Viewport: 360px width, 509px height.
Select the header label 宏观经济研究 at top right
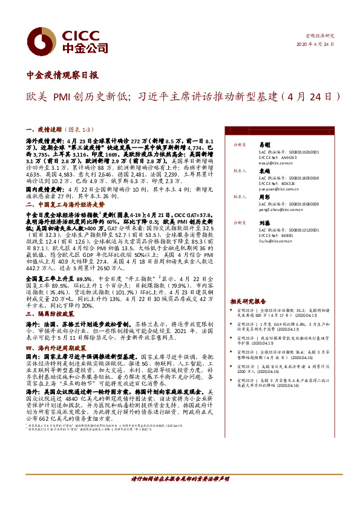coord(320,36)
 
